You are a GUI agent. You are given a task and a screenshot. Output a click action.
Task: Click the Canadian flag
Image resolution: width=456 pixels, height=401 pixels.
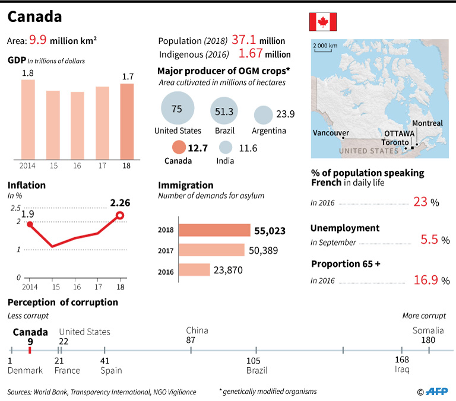click(x=322, y=21)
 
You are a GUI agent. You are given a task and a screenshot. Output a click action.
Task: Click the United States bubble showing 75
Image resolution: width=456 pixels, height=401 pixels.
click(x=176, y=109)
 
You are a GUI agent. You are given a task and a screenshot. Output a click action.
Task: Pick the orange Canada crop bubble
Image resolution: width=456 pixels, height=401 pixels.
click(x=178, y=148)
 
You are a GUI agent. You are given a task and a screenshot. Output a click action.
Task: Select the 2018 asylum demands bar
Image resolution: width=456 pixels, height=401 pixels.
click(x=214, y=230)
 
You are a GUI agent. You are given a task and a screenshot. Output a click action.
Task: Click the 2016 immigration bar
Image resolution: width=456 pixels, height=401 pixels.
click(x=194, y=269)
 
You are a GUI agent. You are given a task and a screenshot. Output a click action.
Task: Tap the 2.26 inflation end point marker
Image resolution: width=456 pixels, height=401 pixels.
click(x=119, y=215)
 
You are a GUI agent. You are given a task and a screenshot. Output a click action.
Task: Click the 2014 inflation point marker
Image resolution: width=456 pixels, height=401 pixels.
click(x=30, y=224)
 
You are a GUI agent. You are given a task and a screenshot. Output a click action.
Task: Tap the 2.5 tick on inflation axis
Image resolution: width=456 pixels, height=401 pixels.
click(x=14, y=208)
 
